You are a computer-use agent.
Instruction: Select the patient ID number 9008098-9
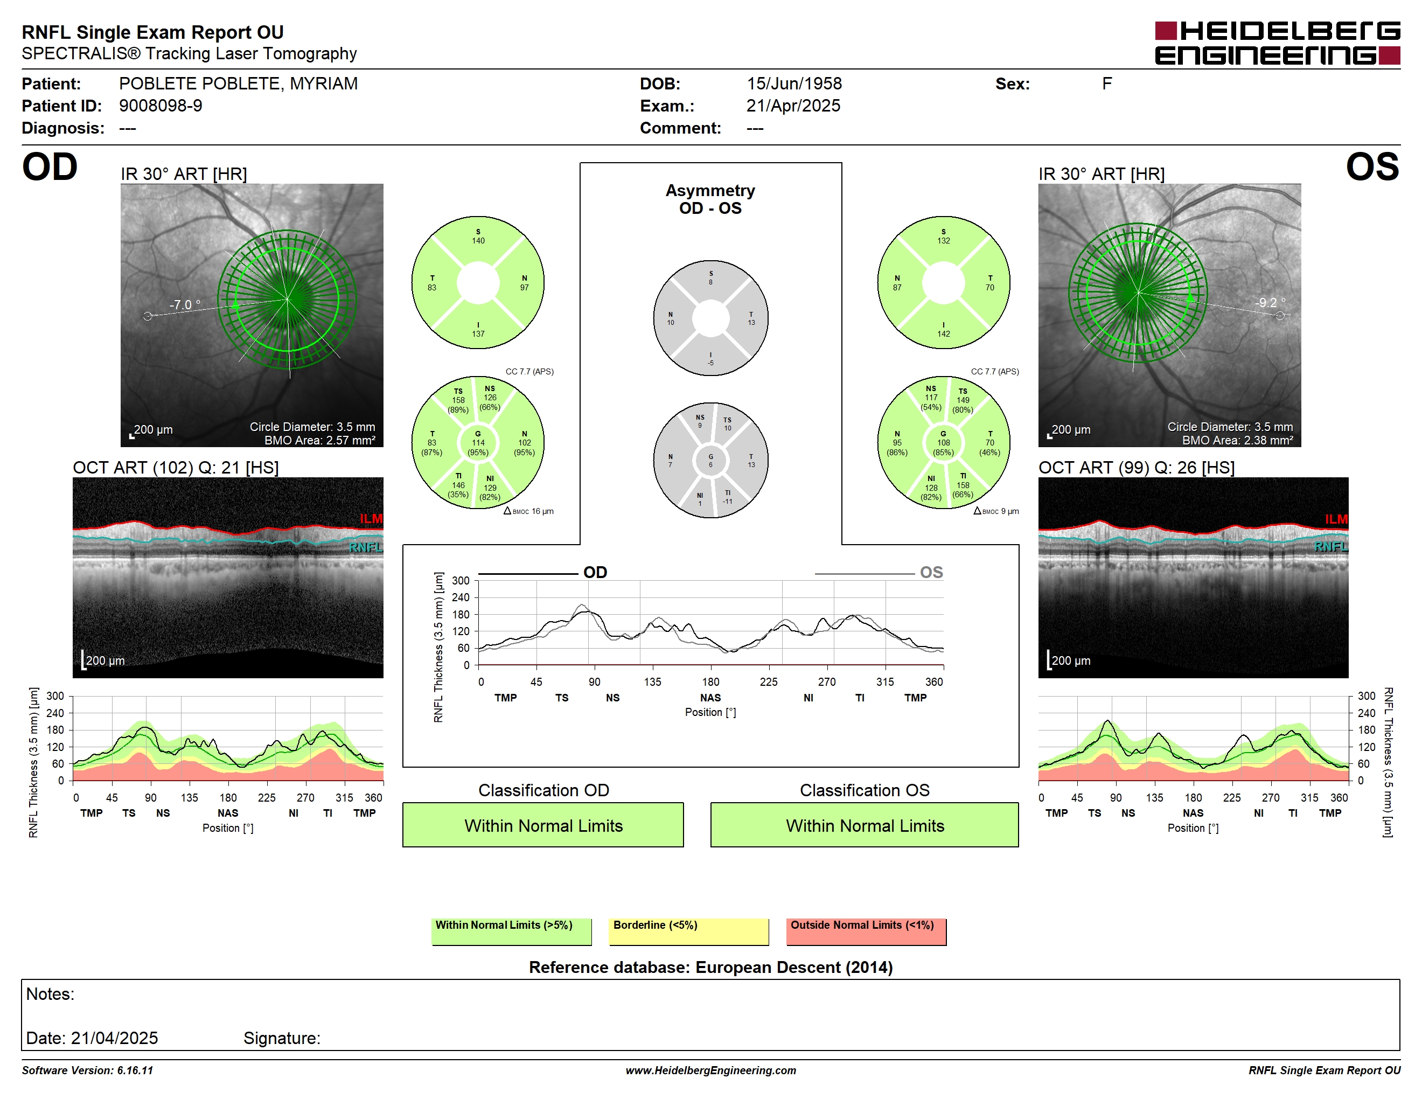(x=160, y=106)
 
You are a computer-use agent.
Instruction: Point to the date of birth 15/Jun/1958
(x=794, y=84)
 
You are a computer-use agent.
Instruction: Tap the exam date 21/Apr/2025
(x=793, y=106)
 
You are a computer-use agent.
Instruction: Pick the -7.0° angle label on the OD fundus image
(x=185, y=305)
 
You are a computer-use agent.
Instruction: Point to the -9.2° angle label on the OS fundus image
(x=1270, y=303)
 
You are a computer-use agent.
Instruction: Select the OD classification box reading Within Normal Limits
(x=543, y=825)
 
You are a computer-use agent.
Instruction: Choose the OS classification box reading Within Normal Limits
(x=865, y=825)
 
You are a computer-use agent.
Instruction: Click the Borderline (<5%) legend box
(x=689, y=931)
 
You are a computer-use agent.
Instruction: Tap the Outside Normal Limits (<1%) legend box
(x=866, y=931)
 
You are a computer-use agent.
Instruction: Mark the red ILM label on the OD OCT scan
(x=371, y=519)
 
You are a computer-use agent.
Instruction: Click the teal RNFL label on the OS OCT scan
(x=1331, y=546)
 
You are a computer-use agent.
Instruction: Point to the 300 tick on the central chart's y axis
(x=461, y=581)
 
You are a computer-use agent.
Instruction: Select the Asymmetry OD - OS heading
(x=710, y=199)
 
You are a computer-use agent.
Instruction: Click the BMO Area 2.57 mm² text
(x=320, y=440)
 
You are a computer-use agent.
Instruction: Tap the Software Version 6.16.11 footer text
(x=87, y=1070)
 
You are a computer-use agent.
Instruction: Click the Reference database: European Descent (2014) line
(x=710, y=968)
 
